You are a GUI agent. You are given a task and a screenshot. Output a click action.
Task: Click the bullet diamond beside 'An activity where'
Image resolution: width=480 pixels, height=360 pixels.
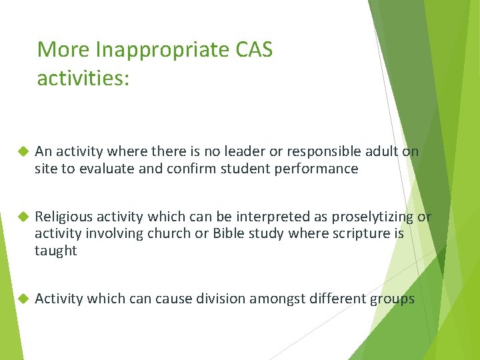(x=21, y=152)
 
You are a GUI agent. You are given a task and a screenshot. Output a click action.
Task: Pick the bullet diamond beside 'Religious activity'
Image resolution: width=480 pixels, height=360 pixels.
(x=21, y=217)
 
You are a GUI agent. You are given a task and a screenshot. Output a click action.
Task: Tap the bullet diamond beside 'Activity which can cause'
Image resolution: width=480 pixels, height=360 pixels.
(x=21, y=299)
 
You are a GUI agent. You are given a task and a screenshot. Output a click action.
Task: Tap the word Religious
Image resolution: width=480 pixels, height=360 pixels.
(x=63, y=217)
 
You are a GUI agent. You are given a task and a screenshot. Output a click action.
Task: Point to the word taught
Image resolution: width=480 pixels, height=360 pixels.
(x=56, y=251)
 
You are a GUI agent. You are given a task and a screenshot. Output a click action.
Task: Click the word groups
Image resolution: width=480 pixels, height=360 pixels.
(x=392, y=299)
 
